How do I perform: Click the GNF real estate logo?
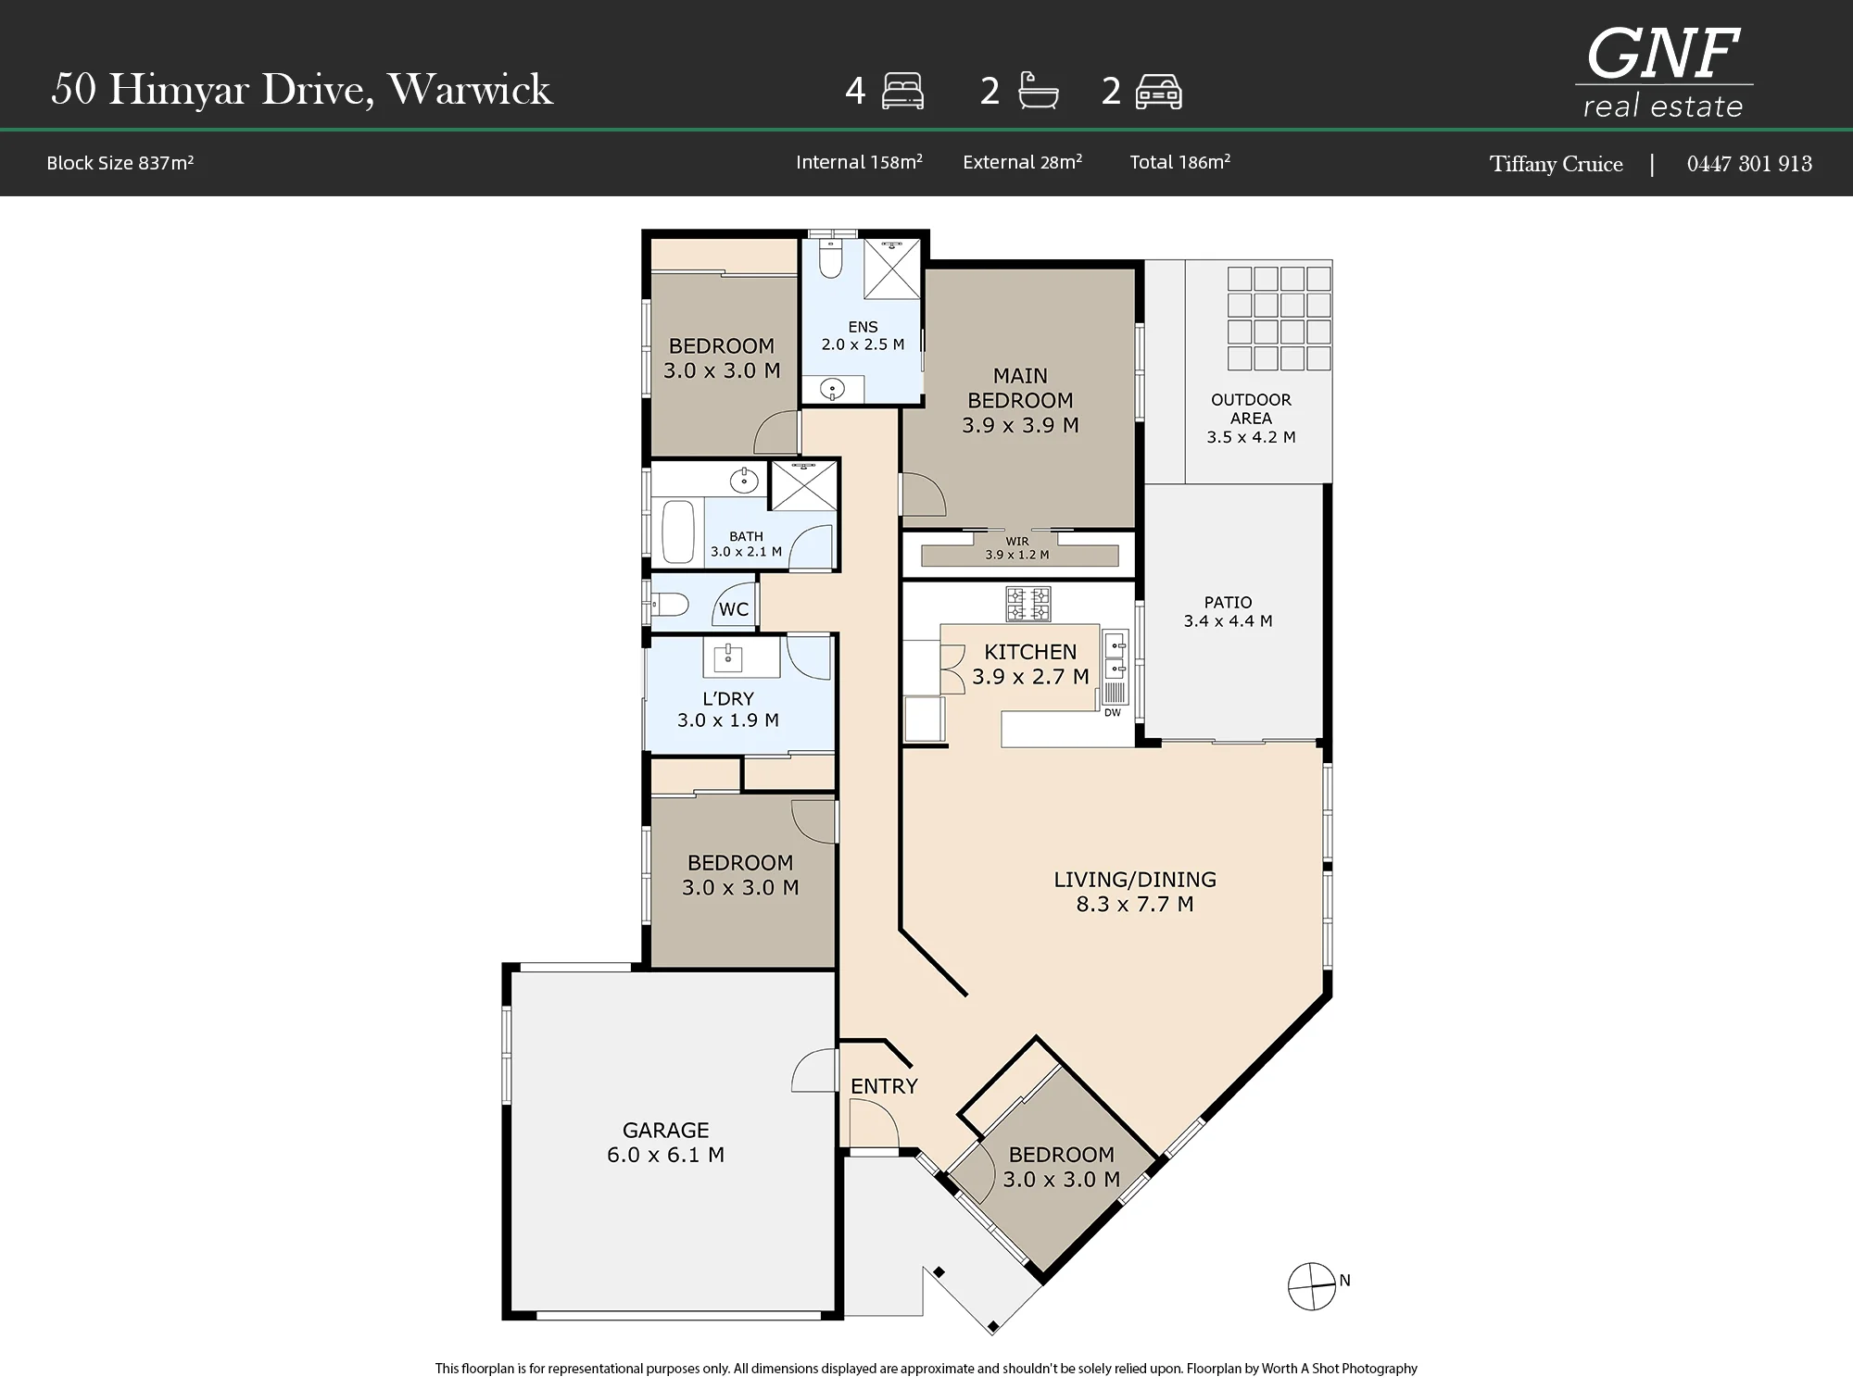tap(1664, 72)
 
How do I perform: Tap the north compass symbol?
tap(1312, 1286)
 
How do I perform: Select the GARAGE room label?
tap(665, 1130)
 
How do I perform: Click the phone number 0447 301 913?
tap(1749, 164)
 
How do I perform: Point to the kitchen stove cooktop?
tap(1028, 605)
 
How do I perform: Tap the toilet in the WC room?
tap(669, 606)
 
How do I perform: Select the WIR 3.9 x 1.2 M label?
tap(1017, 548)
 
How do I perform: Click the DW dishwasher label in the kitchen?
tap(1113, 712)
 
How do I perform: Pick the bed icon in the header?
tap(902, 92)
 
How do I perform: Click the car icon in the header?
tap(1158, 92)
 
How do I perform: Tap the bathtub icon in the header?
tap(1038, 92)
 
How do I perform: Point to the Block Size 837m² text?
tap(120, 163)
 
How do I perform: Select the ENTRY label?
tap(884, 1086)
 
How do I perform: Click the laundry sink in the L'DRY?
tap(727, 657)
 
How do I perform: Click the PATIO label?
tap(1228, 602)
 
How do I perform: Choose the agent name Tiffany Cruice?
tap(1557, 164)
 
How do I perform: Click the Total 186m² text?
tap(1180, 162)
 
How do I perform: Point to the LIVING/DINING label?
tap(1135, 879)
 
